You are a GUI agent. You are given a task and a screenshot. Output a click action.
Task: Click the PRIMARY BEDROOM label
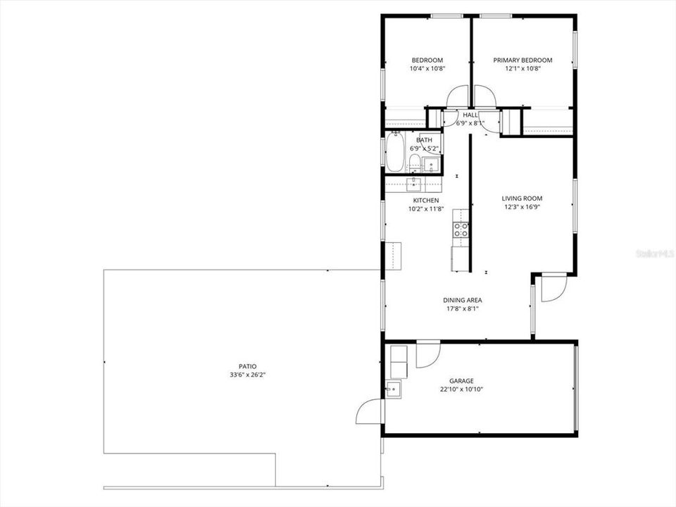522,61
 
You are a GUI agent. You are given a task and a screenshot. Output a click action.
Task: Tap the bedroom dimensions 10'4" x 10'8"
427,69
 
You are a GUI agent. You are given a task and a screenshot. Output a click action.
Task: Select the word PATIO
247,366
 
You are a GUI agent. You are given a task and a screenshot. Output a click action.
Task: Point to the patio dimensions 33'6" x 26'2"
247,375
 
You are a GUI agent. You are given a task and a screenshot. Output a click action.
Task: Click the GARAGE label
461,381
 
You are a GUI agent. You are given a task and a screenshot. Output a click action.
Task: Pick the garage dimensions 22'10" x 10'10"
461,389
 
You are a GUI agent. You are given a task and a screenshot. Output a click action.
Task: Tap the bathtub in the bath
394,153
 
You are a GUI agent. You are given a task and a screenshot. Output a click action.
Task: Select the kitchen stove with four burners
461,229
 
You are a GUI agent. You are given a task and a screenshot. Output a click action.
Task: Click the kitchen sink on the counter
414,184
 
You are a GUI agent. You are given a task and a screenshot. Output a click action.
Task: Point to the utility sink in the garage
393,387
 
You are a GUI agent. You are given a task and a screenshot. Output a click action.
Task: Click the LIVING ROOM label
522,199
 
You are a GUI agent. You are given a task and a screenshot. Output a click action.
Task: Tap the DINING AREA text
462,300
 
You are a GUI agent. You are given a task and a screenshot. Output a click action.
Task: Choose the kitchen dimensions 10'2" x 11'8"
426,208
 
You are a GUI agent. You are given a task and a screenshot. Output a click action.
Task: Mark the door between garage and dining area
427,353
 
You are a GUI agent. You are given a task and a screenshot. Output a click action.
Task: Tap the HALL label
470,115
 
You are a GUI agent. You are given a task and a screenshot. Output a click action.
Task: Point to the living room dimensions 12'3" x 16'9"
522,207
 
